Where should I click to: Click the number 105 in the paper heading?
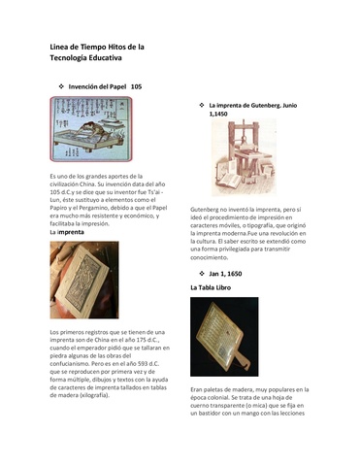tap(137, 86)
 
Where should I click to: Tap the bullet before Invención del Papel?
tap(61, 86)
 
